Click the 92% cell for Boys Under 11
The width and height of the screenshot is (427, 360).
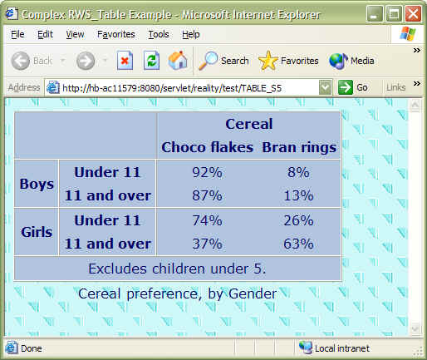tap(207, 172)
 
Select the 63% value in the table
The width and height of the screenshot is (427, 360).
tap(297, 244)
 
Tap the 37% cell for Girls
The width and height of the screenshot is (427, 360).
tap(207, 244)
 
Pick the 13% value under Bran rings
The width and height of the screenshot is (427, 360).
tap(297, 196)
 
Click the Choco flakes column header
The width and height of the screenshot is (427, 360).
tap(207, 148)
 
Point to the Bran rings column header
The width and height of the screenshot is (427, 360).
tap(298, 148)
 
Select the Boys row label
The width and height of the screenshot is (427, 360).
tap(37, 184)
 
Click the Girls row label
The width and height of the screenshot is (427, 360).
tap(37, 232)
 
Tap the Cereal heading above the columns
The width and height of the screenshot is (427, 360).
tap(248, 124)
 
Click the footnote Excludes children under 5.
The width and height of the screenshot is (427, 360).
tap(177, 269)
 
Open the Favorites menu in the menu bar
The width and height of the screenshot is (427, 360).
tap(115, 34)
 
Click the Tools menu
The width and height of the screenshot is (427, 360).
tap(158, 34)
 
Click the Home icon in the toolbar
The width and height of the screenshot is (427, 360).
tap(178, 60)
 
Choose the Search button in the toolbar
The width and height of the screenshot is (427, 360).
tap(224, 60)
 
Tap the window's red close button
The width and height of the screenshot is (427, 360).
tap(413, 12)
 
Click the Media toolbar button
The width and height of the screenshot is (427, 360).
tap(351, 60)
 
